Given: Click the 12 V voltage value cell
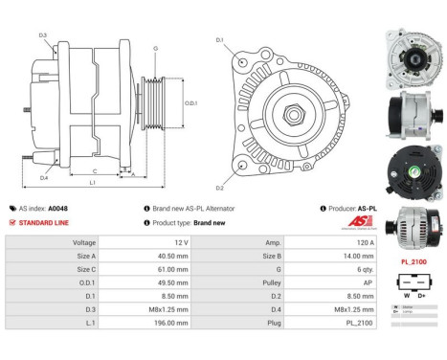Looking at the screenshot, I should point(152,243).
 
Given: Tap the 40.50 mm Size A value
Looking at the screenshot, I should point(152,257).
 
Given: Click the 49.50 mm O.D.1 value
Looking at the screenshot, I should point(152,284).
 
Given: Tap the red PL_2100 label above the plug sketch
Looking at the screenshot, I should point(413,260).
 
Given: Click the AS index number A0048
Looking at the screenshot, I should point(58,208).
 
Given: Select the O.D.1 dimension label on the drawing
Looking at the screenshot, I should point(190,102).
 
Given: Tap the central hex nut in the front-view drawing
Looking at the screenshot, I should point(294,114).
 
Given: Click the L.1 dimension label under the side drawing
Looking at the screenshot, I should point(91,182).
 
